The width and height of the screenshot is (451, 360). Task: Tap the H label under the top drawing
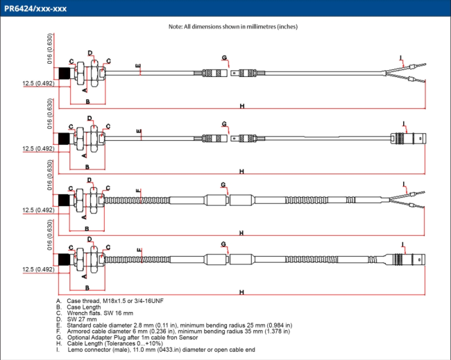click(x=242, y=106)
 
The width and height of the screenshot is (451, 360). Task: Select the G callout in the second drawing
click(x=224, y=124)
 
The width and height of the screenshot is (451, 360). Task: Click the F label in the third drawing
click(x=139, y=190)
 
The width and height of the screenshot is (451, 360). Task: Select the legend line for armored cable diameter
click(x=173, y=331)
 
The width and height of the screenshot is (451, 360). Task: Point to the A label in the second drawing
click(x=84, y=151)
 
